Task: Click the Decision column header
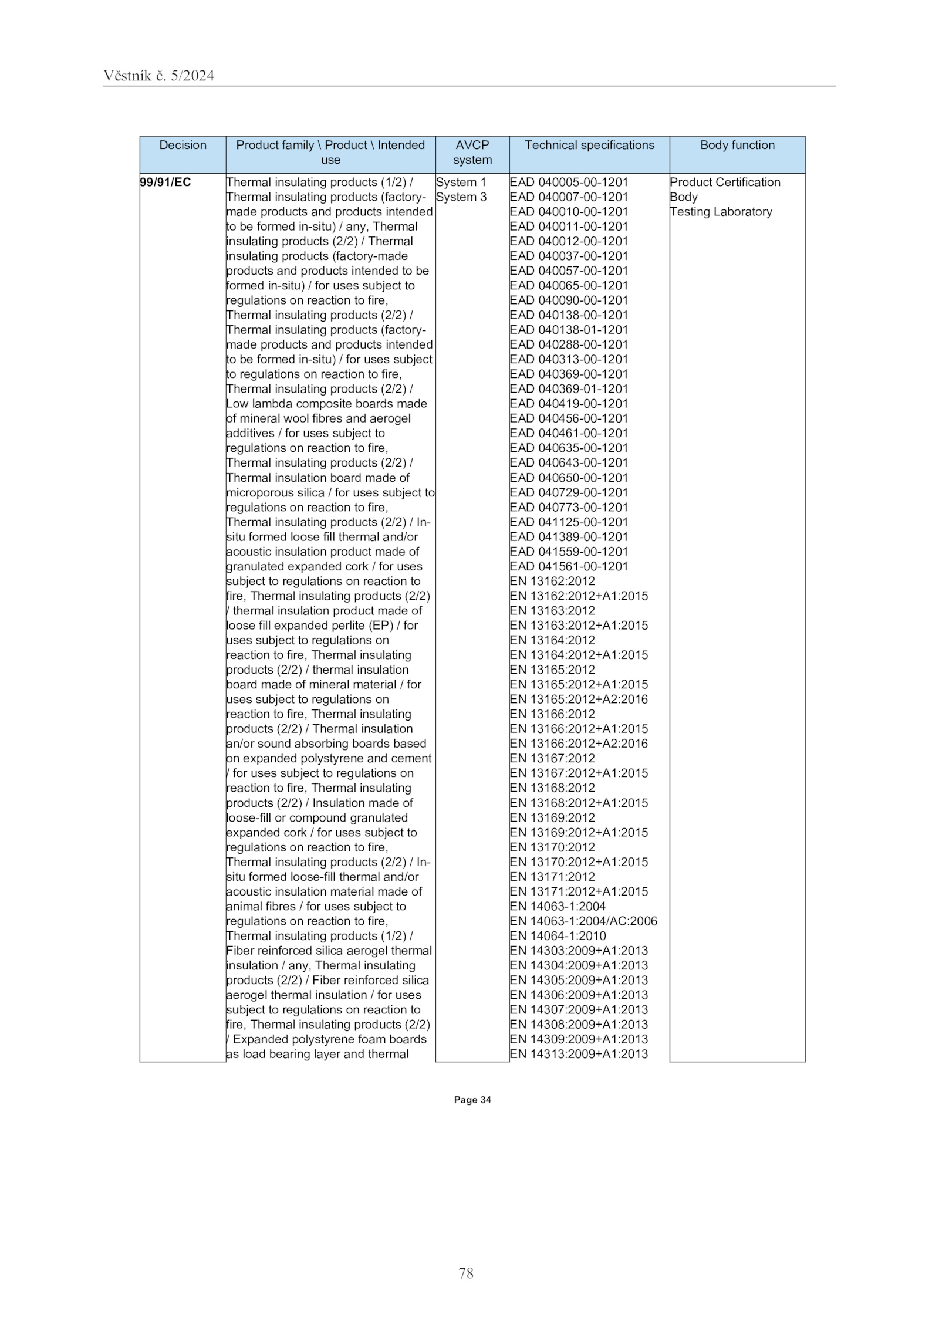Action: point(183,145)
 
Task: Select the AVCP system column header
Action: point(472,153)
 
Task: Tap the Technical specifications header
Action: point(589,145)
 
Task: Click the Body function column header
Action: point(737,145)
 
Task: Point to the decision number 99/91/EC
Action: point(165,183)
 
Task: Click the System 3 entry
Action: point(461,197)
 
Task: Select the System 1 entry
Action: point(461,183)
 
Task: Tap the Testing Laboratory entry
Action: point(721,212)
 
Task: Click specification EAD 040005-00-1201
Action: point(569,183)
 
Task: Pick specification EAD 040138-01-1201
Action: point(569,330)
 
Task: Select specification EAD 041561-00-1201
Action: point(569,566)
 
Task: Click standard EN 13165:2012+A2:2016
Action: point(579,700)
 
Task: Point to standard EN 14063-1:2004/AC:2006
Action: point(583,921)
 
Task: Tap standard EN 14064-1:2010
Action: point(558,936)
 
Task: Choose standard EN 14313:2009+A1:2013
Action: point(579,1054)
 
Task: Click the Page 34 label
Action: point(472,1100)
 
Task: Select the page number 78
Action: point(466,1273)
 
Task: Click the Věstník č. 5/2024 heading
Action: point(159,76)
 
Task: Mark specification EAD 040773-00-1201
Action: point(569,508)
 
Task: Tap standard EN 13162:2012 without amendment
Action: point(552,582)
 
